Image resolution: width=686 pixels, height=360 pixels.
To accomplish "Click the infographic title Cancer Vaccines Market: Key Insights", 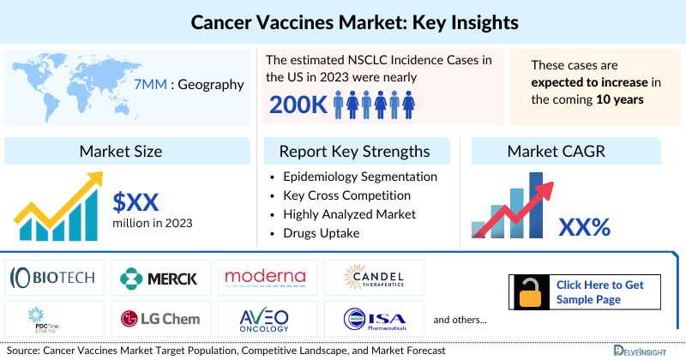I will coord(343,19).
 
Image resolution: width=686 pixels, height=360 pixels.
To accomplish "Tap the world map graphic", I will coord(64,85).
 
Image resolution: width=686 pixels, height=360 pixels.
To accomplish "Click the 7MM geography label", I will coord(188,85).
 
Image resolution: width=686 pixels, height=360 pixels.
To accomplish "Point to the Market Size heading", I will coord(121,152).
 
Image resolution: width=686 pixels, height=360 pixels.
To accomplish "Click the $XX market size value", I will coord(136,202).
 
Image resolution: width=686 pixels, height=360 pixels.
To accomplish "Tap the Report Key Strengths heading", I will coord(355,152).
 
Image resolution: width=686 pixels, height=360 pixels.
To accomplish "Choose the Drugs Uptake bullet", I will coord(322,232).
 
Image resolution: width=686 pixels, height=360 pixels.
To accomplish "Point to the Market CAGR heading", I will coord(556,152).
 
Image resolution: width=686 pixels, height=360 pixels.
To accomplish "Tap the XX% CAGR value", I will coord(584,227).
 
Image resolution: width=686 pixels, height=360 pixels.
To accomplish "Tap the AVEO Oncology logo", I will coord(265,318).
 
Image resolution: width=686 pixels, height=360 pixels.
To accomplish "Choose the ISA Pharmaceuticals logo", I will coord(373,318).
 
